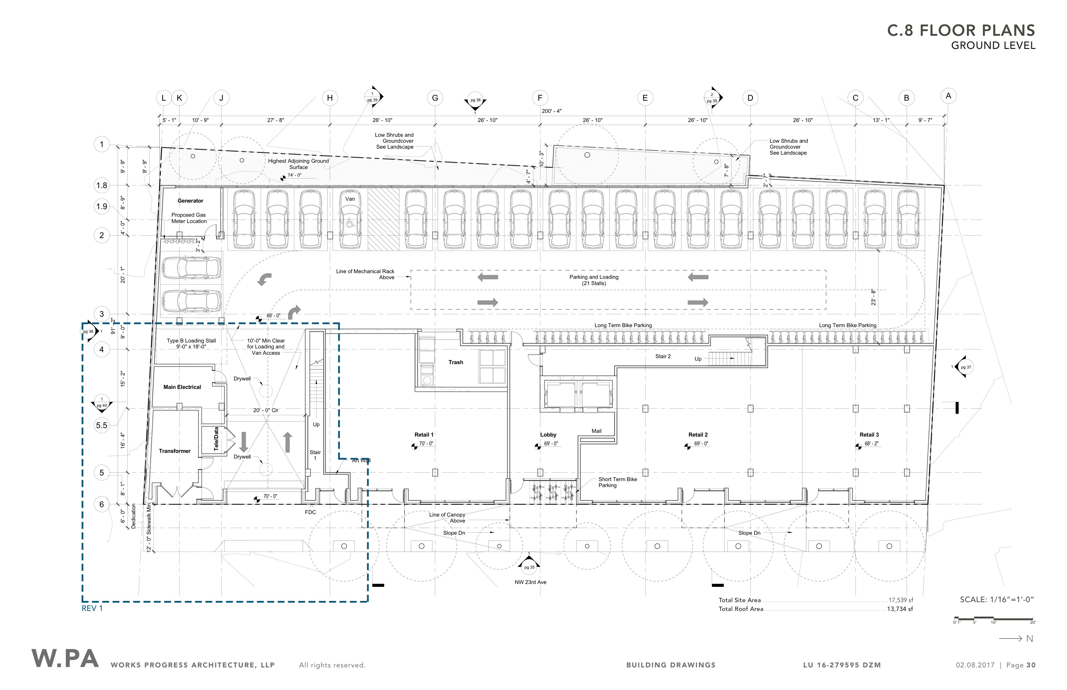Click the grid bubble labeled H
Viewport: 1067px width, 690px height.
tap(330, 98)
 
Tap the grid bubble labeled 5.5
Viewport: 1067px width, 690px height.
tap(102, 425)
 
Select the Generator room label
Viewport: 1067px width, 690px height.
tap(190, 201)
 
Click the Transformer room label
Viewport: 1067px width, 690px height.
tap(175, 451)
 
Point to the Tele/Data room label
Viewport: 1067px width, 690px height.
tap(217, 439)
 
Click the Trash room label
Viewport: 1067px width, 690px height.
tap(456, 363)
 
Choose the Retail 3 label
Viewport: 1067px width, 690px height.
tap(869, 435)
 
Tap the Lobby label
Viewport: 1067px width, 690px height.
tap(548, 435)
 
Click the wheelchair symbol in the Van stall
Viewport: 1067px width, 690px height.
tap(350, 223)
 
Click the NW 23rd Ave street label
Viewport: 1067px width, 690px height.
tap(530, 582)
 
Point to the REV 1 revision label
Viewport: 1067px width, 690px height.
tap(92, 608)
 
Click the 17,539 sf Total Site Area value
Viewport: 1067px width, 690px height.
tap(901, 600)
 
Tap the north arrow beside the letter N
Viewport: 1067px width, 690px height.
tap(1011, 639)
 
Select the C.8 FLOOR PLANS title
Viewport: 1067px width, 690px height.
tap(961, 30)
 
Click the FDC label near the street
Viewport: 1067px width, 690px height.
tap(310, 512)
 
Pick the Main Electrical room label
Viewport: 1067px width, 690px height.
tap(182, 387)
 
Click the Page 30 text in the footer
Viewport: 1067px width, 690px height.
tap(1021, 665)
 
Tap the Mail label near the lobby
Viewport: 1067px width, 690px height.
tap(596, 431)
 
